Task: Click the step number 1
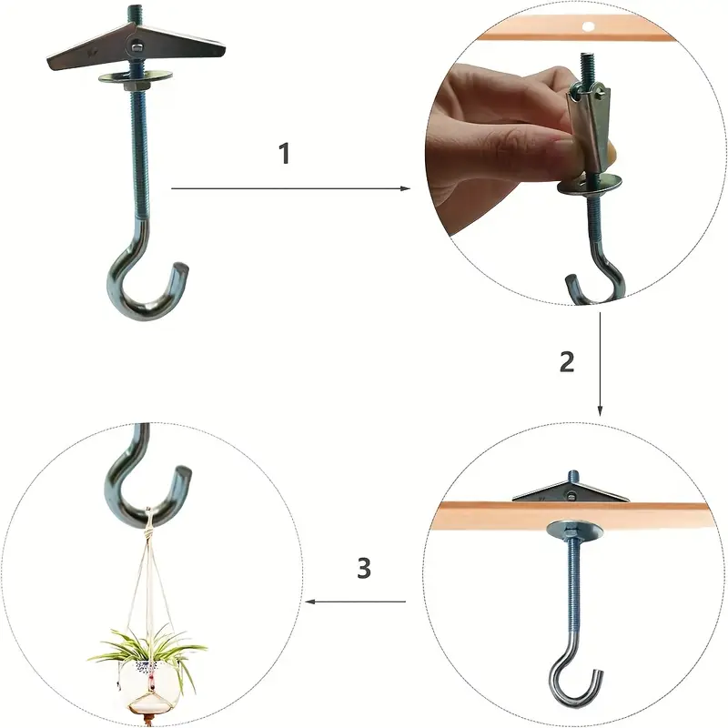[x=285, y=154]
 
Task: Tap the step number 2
[x=567, y=361]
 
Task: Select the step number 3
[x=364, y=568]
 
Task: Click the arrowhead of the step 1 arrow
[x=406, y=188]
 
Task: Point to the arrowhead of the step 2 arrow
[x=600, y=411]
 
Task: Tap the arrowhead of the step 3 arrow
[x=310, y=602]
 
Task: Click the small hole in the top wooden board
[x=588, y=27]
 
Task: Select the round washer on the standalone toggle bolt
[x=136, y=76]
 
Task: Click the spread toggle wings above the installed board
[x=571, y=492]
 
